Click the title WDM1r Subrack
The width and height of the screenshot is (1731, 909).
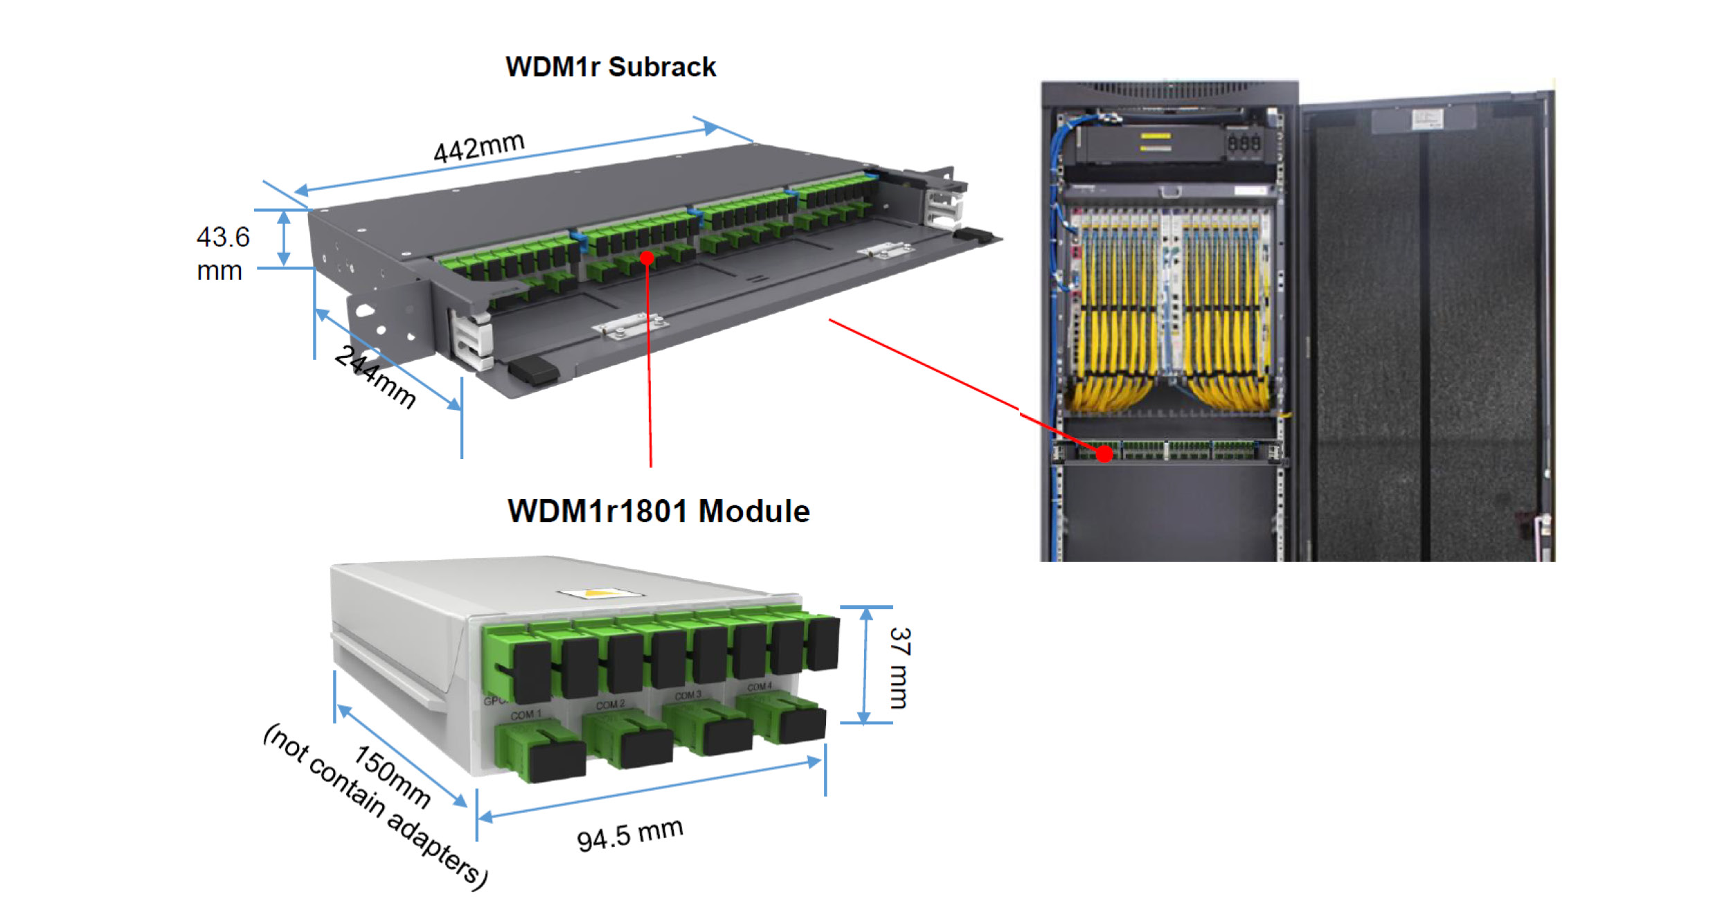(611, 67)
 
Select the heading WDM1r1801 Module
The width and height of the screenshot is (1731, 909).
(658, 512)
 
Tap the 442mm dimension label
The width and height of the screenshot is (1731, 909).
(479, 147)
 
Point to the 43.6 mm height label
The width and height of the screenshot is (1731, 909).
(222, 253)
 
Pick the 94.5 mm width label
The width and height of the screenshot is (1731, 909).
(630, 834)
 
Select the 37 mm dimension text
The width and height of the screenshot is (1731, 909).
(899, 668)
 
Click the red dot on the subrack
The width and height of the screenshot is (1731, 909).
(647, 258)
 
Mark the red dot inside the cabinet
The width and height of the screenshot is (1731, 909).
(1104, 454)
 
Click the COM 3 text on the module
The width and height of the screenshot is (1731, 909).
(688, 695)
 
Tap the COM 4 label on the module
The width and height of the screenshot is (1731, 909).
(760, 687)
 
